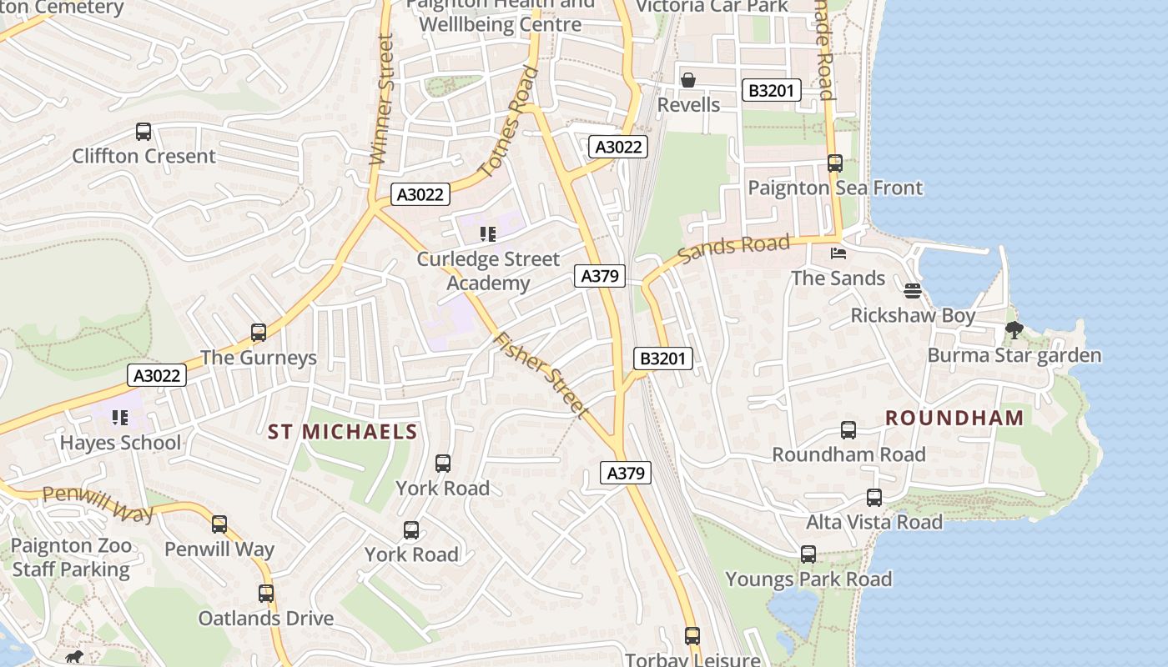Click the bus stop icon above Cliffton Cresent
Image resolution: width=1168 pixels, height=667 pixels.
pyautogui.click(x=143, y=132)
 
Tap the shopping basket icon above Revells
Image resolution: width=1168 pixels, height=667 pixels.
pyautogui.click(x=688, y=80)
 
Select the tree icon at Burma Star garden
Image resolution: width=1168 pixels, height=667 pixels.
pyautogui.click(x=1014, y=330)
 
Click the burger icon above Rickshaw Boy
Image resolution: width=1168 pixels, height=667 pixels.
pyautogui.click(x=913, y=291)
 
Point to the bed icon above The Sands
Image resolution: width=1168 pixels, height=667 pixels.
pyautogui.click(x=838, y=253)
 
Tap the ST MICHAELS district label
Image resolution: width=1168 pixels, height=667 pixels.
pyautogui.click(x=342, y=432)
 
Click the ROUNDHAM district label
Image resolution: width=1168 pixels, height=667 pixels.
pyautogui.click(x=954, y=418)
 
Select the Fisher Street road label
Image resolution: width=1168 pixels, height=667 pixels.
pyautogui.click(x=541, y=374)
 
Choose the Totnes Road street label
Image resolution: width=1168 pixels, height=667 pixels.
pyautogui.click(x=510, y=122)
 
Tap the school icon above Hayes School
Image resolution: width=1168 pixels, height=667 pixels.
pyautogui.click(x=120, y=418)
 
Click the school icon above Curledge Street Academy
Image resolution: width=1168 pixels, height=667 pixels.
pyautogui.click(x=488, y=234)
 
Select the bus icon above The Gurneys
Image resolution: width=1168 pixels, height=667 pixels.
pyautogui.click(x=259, y=333)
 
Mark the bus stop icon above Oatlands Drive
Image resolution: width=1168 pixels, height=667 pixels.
pyautogui.click(x=266, y=594)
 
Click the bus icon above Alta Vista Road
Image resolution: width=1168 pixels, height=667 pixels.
pyautogui.click(x=874, y=498)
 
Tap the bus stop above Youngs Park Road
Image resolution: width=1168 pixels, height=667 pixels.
pyautogui.click(x=808, y=554)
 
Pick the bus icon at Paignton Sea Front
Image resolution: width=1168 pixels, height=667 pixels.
pyautogui.click(x=835, y=163)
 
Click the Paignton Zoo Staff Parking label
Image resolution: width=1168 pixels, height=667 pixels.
pyautogui.click(x=72, y=558)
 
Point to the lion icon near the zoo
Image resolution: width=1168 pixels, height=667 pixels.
pyautogui.click(x=75, y=656)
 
